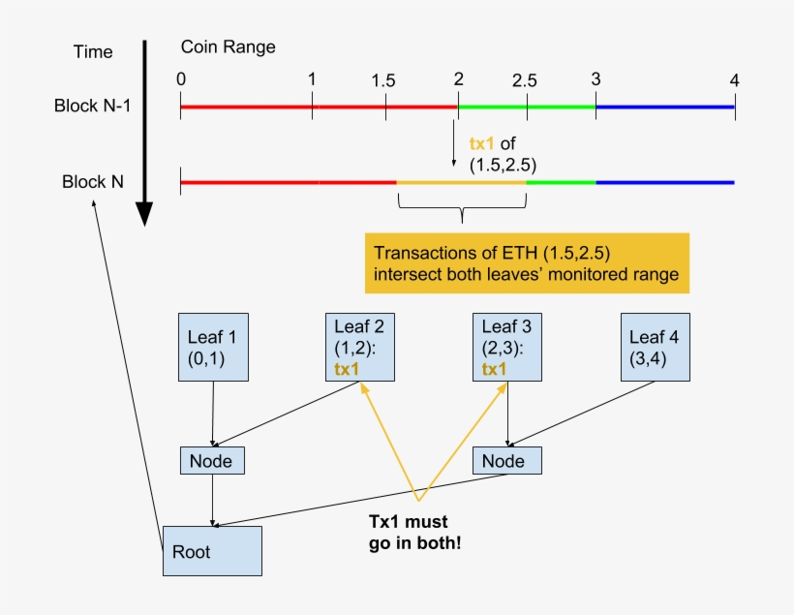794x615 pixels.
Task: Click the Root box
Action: (212, 553)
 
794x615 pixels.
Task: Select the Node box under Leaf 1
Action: (212, 461)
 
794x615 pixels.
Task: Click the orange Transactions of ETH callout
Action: (527, 263)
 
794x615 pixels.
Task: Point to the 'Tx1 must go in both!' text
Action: (414, 532)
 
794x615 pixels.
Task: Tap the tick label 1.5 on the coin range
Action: (383, 80)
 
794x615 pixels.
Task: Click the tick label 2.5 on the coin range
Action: (525, 78)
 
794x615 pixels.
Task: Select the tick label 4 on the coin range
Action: (735, 79)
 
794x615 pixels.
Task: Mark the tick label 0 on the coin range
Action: (181, 78)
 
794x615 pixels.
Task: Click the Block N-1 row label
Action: (92, 105)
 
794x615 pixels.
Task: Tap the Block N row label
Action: (92, 181)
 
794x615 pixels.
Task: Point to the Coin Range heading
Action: (228, 47)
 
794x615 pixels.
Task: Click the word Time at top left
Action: (93, 51)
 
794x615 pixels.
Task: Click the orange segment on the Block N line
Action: (461, 181)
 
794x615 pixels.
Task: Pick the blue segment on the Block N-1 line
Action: (665, 107)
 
